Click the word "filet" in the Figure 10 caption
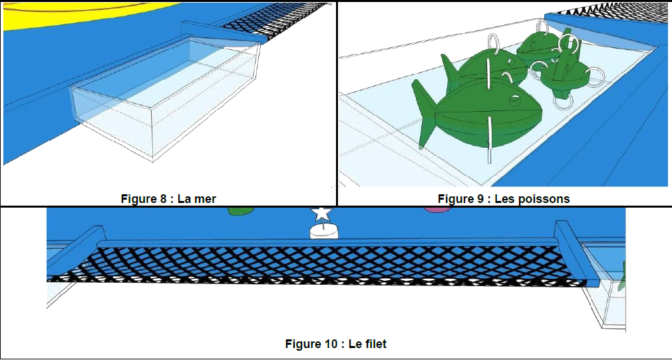[375, 344]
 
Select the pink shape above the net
[436, 210]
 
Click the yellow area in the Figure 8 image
[67, 17]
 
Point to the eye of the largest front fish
[515, 100]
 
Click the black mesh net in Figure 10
[333, 263]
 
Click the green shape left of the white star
[238, 212]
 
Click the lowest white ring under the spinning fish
[563, 101]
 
